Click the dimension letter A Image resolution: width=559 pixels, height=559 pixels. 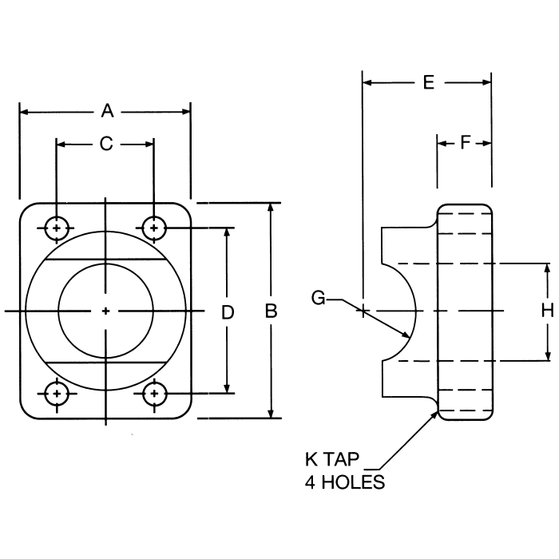[x=106, y=112]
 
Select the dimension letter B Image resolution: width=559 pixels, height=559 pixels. [x=272, y=311]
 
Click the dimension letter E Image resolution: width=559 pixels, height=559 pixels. [x=428, y=81]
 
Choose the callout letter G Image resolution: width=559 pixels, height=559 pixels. [x=319, y=299]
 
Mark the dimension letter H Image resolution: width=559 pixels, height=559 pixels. [x=547, y=311]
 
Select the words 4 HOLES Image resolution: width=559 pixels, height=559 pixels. [x=344, y=482]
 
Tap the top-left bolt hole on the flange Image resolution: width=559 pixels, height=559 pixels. [x=55, y=228]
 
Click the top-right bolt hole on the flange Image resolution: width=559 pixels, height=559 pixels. [x=153, y=228]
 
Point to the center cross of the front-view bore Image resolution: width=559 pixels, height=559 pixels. [x=105, y=311]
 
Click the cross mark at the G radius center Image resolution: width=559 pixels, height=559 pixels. [x=363, y=310]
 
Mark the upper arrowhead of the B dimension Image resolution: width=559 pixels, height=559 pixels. [x=272, y=207]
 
